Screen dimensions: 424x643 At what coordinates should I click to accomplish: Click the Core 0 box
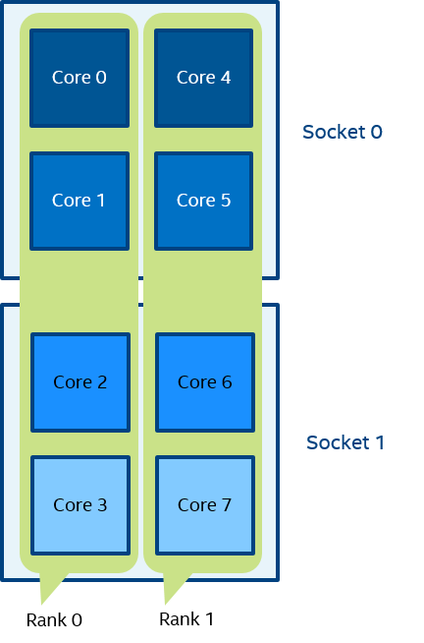click(x=79, y=78)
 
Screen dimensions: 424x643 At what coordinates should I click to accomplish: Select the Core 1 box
click(x=79, y=201)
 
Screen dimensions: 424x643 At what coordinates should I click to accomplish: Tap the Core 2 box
click(x=80, y=382)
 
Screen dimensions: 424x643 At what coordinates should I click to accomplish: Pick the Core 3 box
click(x=80, y=505)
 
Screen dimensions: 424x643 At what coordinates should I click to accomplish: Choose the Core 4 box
click(x=204, y=78)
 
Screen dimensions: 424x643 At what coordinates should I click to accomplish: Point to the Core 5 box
click(x=204, y=201)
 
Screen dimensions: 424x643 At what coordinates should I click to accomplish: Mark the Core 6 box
click(x=205, y=382)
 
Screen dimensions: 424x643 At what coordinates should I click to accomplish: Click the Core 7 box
click(x=205, y=505)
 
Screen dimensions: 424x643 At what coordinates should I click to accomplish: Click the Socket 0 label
click(x=343, y=132)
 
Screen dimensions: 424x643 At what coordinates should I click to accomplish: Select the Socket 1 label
click(x=345, y=442)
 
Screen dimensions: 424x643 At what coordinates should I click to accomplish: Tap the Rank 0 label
click(x=54, y=620)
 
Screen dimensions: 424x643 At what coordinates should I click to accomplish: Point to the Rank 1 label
click(x=186, y=619)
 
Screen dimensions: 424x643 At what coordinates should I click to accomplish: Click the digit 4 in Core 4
click(x=226, y=78)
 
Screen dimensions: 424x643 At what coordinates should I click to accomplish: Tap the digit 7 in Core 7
click(x=227, y=504)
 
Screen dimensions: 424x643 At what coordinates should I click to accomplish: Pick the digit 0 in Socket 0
click(x=377, y=132)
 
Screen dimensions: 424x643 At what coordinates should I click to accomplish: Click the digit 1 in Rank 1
click(x=209, y=619)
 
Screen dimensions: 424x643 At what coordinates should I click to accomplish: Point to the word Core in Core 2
click(x=73, y=382)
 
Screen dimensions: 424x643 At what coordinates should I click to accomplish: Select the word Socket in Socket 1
click(x=338, y=442)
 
